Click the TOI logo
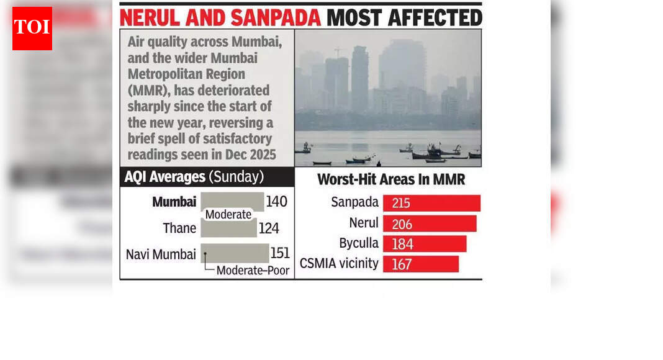coord(32,29)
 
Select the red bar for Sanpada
coord(431,203)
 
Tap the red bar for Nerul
coord(430,223)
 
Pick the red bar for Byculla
coord(425,243)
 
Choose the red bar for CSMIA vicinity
coord(421,264)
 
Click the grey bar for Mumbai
coord(232,202)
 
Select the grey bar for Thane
coord(228,228)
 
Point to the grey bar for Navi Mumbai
coord(235,253)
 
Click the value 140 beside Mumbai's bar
coord(276,202)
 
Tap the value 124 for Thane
coord(269,228)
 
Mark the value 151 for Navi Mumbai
coord(280,254)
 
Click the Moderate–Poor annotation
coord(253,271)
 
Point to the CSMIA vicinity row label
coord(339,263)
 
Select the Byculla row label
coord(359,243)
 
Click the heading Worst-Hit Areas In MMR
coord(391,180)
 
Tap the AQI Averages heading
coord(165,177)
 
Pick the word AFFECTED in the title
coord(435,17)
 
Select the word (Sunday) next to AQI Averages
coord(237,177)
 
